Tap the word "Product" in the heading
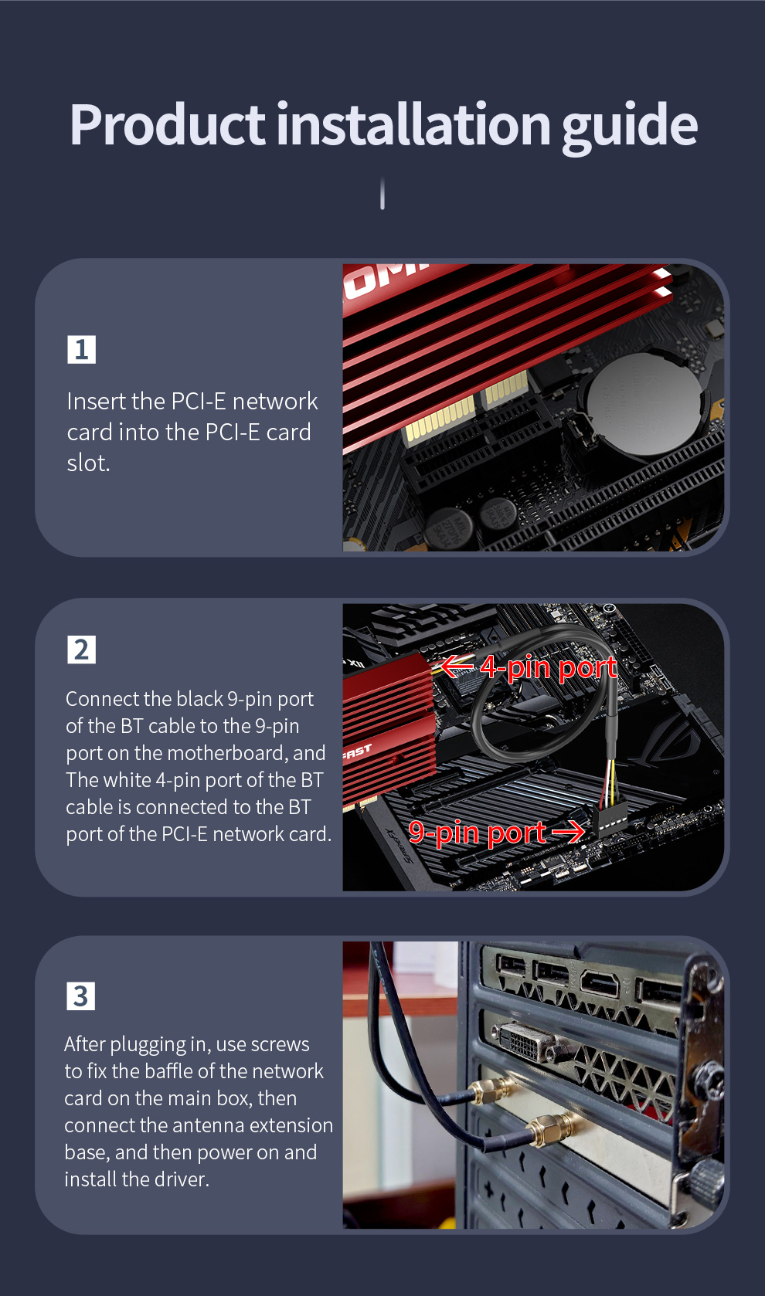click(x=167, y=124)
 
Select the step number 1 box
click(x=82, y=349)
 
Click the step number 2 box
click(x=82, y=650)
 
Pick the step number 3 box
click(x=80, y=996)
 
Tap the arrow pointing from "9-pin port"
click(x=568, y=832)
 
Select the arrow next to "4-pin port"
click(x=457, y=666)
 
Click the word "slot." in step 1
click(x=89, y=463)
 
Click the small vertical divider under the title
click(x=382, y=193)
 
